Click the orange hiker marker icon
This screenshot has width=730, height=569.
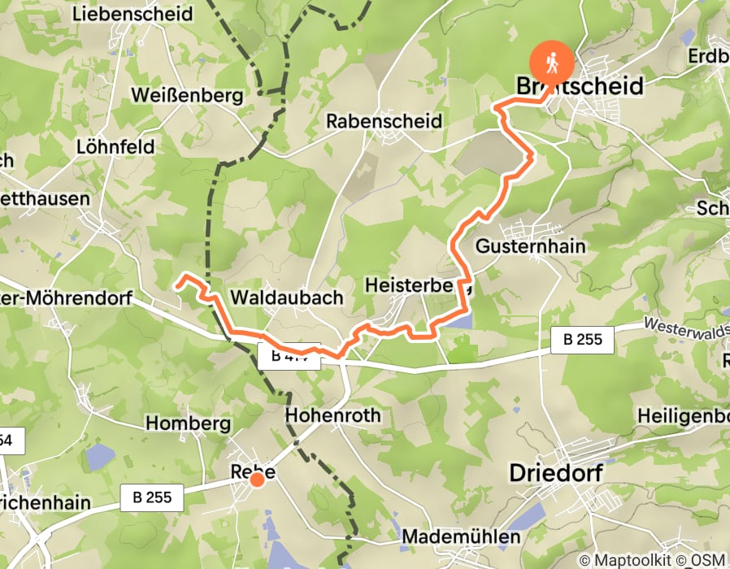[552, 63]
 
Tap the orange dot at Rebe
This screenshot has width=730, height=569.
[257, 480]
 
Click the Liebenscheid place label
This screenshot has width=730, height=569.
[133, 14]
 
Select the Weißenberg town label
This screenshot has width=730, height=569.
[187, 96]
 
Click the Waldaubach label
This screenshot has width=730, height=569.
[287, 298]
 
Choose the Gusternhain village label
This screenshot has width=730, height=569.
[532, 245]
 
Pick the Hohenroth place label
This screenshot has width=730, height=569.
[333, 415]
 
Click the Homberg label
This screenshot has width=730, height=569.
[189, 423]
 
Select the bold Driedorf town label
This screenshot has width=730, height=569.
[560, 472]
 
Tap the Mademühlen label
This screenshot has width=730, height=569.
[461, 537]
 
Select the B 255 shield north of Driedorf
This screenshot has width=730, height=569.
[581, 339]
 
